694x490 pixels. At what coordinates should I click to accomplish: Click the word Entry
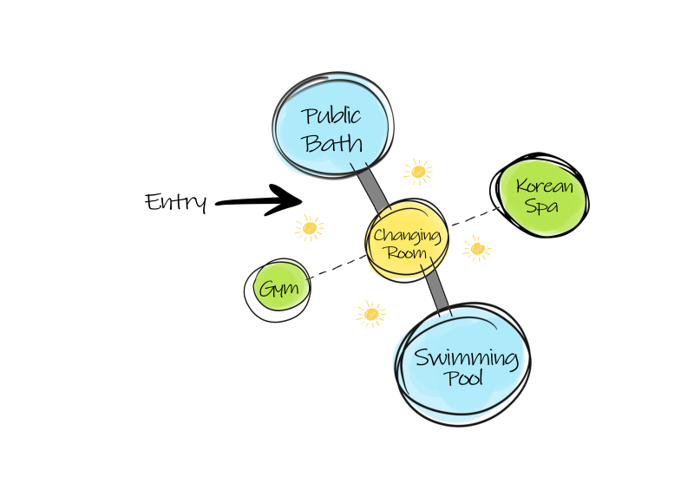coord(176,202)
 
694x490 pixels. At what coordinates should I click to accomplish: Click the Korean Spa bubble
coord(541,196)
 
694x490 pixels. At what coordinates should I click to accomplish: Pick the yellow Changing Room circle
coord(407,243)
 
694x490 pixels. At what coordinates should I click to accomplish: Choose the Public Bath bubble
coord(331,128)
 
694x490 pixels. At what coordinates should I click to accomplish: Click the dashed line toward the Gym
coord(338,266)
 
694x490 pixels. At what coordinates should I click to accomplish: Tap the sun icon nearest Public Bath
coord(418,172)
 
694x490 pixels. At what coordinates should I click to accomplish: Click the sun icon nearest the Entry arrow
coord(309,228)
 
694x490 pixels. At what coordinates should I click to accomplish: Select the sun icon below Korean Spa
coord(476,250)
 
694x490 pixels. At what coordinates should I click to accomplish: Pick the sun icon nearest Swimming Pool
coord(371,313)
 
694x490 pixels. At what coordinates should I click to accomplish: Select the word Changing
coord(407,235)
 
